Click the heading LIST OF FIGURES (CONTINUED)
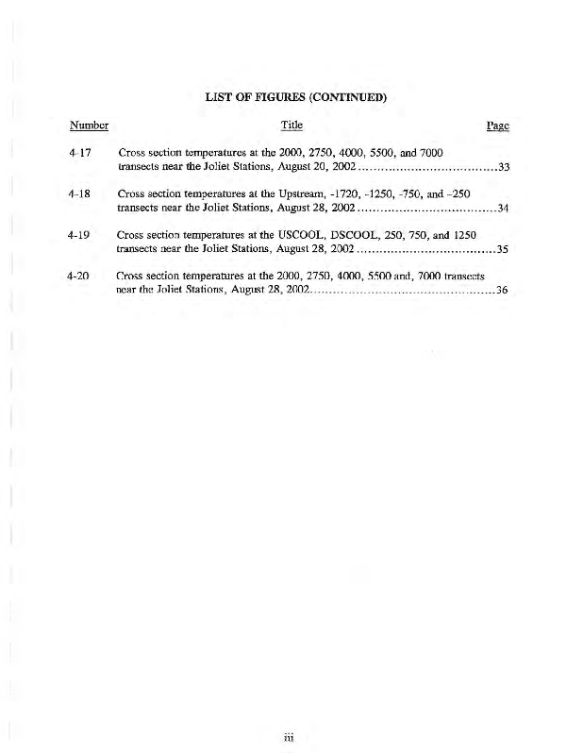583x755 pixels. tap(291, 96)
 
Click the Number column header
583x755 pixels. tap(89, 126)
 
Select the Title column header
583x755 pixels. tap(291, 126)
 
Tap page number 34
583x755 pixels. tap(503, 209)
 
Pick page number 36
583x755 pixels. tap(503, 291)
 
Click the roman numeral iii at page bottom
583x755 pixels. tap(291, 738)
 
